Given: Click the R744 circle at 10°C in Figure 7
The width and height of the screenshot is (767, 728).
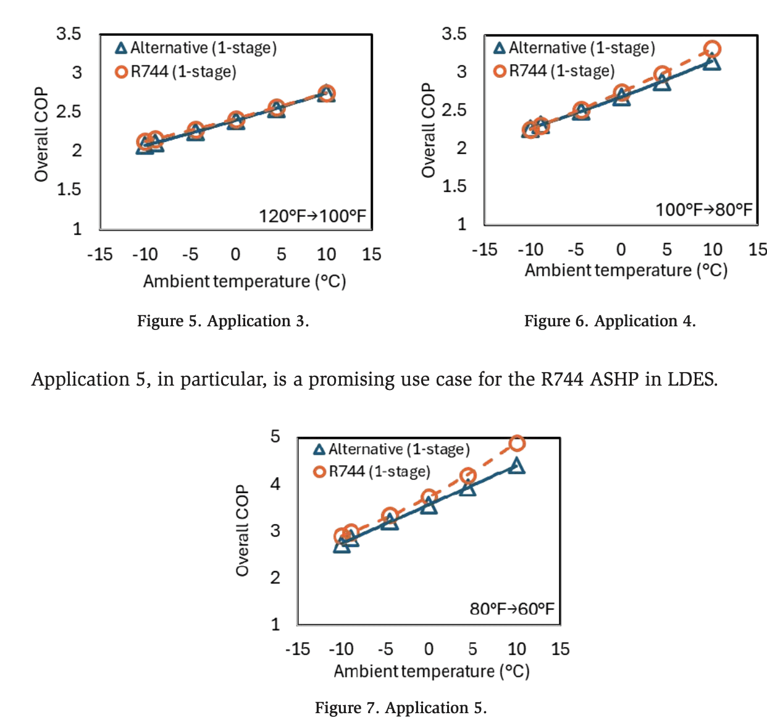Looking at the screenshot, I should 517,443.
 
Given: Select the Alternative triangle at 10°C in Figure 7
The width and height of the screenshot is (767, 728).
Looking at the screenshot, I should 517,466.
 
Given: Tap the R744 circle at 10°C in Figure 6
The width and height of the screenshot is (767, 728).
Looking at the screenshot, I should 712,49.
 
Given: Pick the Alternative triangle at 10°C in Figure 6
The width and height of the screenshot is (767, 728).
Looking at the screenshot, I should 712,62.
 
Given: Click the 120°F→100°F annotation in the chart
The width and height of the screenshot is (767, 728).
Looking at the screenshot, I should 312,216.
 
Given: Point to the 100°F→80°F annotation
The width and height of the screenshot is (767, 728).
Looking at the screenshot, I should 704,210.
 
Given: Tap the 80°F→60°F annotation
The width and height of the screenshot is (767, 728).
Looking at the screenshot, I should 512,609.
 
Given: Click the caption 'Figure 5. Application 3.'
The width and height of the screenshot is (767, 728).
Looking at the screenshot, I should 223,321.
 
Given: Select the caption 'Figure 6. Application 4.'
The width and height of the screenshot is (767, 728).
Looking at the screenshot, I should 610,321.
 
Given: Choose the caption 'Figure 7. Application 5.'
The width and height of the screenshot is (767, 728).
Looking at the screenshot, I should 401,708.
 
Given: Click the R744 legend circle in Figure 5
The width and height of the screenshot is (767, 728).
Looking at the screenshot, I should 122,72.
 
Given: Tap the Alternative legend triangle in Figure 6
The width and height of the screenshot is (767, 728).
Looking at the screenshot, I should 500,48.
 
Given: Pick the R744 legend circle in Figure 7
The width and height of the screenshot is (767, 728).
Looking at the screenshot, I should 319,472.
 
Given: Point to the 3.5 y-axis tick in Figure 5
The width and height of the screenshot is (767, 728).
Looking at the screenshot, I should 69,33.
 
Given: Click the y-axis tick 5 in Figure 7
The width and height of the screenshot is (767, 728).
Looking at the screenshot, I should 275,437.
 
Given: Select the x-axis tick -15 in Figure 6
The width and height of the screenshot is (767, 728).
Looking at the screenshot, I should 484,250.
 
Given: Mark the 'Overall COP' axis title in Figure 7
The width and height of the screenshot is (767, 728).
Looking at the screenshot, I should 242,530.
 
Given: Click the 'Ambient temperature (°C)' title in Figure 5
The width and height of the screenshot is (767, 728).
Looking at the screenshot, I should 245,281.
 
